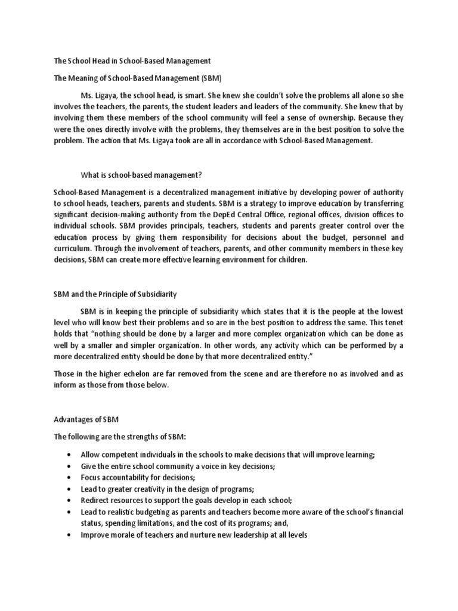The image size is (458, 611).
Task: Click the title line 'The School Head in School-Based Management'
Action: (x=132, y=61)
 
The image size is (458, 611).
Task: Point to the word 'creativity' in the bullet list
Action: (x=159, y=489)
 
